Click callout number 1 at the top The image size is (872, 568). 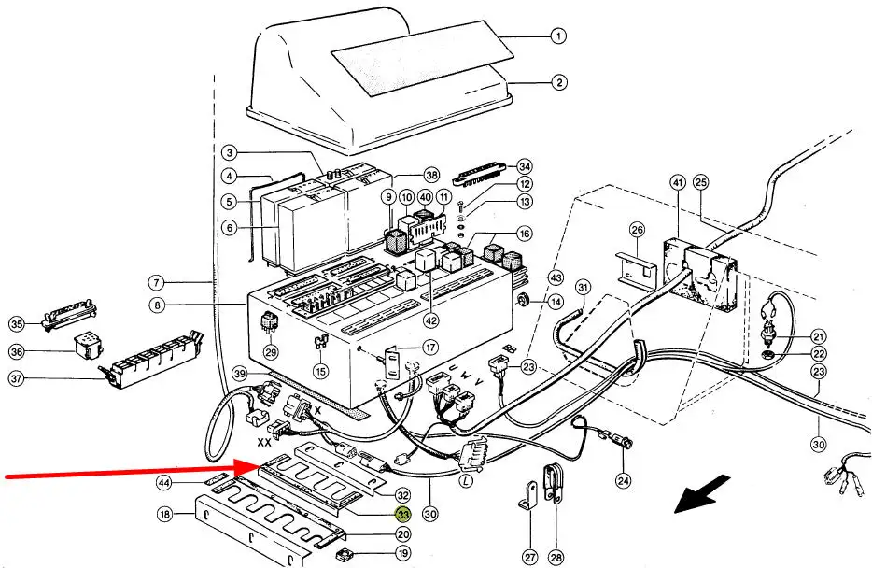(x=557, y=37)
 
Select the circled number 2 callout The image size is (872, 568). (x=558, y=82)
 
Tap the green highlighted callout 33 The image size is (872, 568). (x=403, y=515)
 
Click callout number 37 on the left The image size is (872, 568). (x=17, y=377)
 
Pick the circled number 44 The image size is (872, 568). (x=164, y=482)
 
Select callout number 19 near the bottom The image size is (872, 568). (x=402, y=553)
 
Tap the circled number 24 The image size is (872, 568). (x=623, y=481)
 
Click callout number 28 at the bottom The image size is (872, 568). (x=556, y=558)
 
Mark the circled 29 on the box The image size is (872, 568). (x=271, y=352)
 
